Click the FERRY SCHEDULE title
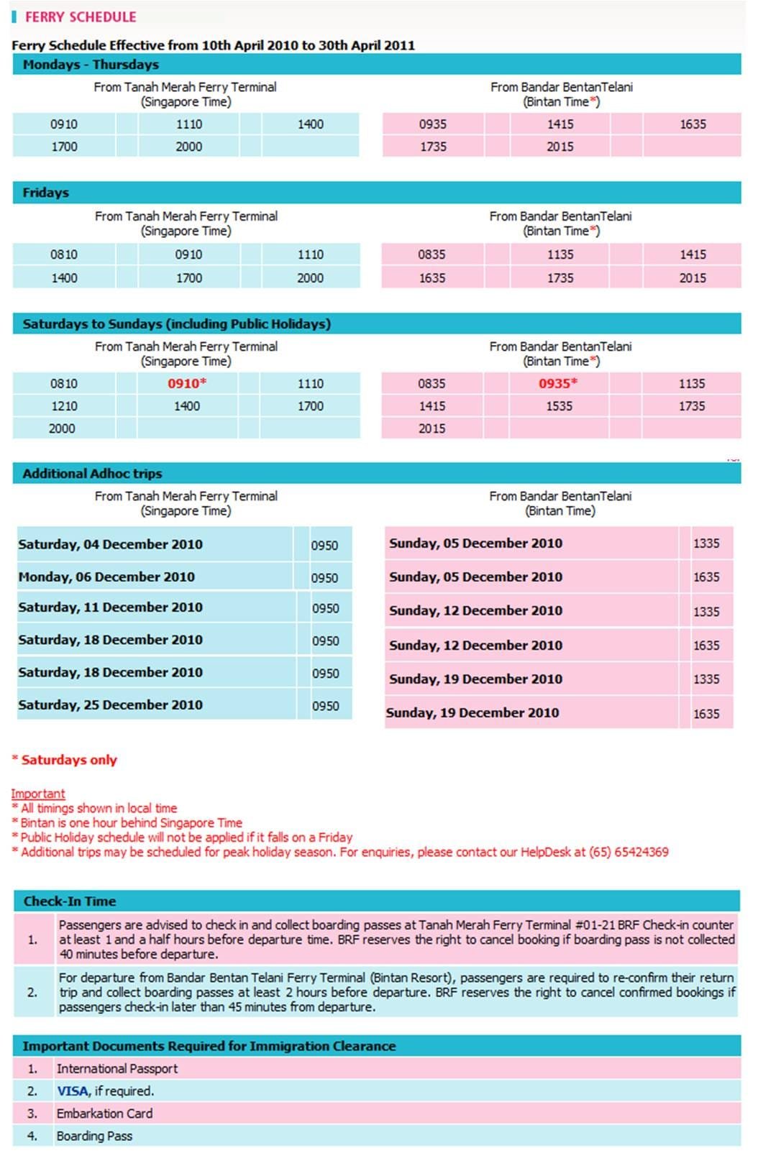coord(80,17)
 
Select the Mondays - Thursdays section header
coord(91,65)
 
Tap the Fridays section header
coord(45,193)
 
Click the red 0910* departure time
coord(187,384)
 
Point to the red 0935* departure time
coord(558,384)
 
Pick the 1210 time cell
coord(64,406)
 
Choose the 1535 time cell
coord(559,406)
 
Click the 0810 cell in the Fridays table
coord(64,254)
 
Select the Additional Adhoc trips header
coord(92,474)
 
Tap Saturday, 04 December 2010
coord(110,545)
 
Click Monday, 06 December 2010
coord(106,577)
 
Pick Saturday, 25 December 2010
coord(110,705)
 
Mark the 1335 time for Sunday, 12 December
coord(706,612)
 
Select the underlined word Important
coord(38,794)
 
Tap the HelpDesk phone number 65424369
coord(641,852)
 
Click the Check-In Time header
coord(69,902)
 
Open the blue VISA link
coord(73,1091)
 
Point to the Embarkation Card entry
coord(104,1114)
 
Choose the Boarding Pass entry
coord(94,1136)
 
